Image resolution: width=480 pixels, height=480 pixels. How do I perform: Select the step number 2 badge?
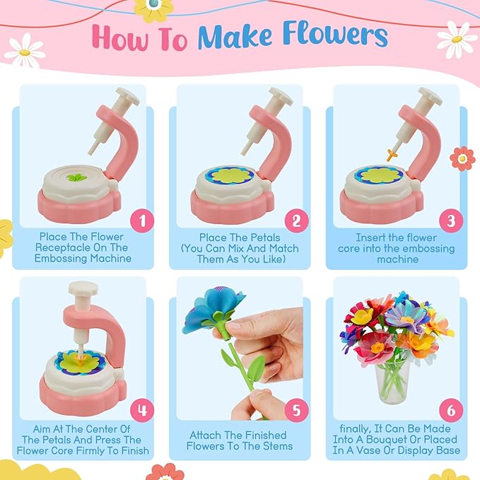coord(295,221)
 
